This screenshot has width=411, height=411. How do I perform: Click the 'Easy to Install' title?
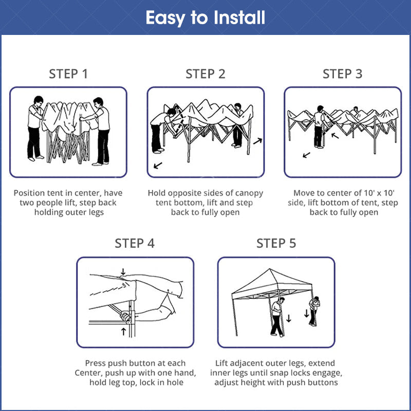coord(206,17)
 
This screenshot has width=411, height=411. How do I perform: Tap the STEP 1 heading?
coord(68,74)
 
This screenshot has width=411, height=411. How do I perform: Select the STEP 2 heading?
coord(206,74)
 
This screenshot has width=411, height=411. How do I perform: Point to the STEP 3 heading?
coord(342,74)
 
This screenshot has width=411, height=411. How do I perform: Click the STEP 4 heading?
coord(135,243)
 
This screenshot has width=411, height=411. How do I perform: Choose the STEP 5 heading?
coord(276,243)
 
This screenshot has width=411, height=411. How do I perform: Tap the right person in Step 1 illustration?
coord(102,128)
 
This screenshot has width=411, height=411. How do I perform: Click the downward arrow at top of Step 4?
coord(123,271)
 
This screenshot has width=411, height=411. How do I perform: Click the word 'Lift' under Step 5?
coord(224,363)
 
